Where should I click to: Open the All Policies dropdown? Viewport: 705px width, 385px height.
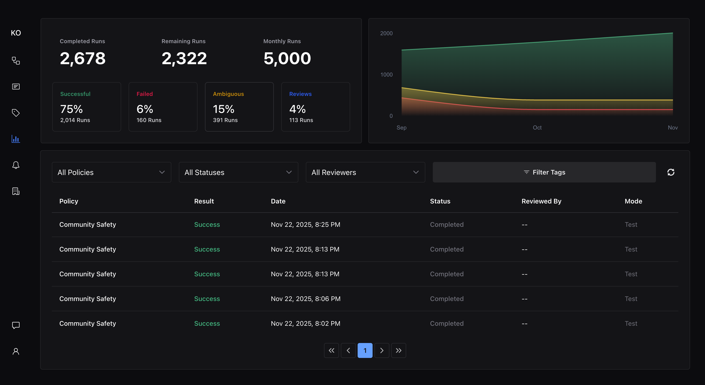[x=111, y=172]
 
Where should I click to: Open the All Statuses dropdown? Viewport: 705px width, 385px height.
[x=238, y=172]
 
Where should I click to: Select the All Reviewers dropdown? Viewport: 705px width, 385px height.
[x=365, y=172]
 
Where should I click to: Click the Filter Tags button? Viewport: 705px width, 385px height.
[x=544, y=172]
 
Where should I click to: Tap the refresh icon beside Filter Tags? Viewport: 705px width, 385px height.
[x=671, y=172]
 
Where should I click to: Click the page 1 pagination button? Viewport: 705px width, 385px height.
[x=365, y=350]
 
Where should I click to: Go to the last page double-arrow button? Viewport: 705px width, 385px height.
[x=398, y=350]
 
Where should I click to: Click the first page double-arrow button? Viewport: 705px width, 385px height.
[x=331, y=350]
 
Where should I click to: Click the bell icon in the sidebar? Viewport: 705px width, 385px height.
[x=16, y=165]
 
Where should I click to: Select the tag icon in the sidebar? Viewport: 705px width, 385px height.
[x=16, y=113]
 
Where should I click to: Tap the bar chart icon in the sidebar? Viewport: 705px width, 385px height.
[x=16, y=139]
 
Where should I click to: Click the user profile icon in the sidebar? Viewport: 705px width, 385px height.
[x=16, y=351]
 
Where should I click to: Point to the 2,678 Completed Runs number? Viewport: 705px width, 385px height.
[x=83, y=58]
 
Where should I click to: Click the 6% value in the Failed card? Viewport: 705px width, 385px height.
[x=145, y=109]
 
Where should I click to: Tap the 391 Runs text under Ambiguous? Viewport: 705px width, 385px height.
[x=225, y=120]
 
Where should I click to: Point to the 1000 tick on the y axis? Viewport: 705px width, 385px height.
[x=386, y=75]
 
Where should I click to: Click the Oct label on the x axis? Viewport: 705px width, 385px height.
[x=537, y=127]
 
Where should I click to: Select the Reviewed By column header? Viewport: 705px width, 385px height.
[x=541, y=201]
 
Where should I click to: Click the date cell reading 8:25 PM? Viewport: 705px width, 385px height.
[x=305, y=224]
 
